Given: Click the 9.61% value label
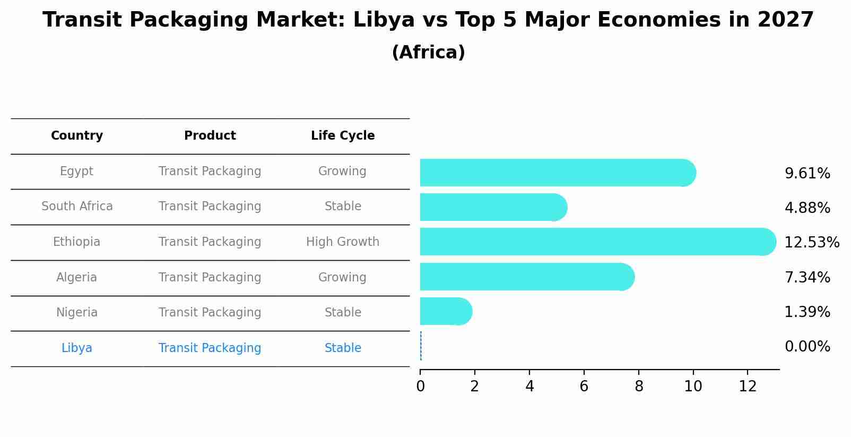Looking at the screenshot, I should pos(807,174).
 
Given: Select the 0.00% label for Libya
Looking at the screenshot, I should pos(807,347).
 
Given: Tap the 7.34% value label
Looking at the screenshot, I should pos(807,277).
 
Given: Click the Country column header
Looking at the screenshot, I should pos(77,136).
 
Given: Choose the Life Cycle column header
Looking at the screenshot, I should pos(343,136).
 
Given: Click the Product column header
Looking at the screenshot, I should pos(210,136).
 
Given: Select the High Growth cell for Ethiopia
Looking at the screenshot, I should pos(343,242).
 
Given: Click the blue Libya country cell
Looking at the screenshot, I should pos(77,348).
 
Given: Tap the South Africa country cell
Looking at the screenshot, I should pos(77,207).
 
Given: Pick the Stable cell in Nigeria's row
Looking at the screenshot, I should pos(343,313).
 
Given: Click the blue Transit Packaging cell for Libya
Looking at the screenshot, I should pos(210,348).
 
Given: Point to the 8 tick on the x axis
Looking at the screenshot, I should pos(639,387).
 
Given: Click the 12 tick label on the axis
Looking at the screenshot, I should pos(748,387).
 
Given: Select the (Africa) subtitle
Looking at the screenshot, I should pos(428,53).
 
